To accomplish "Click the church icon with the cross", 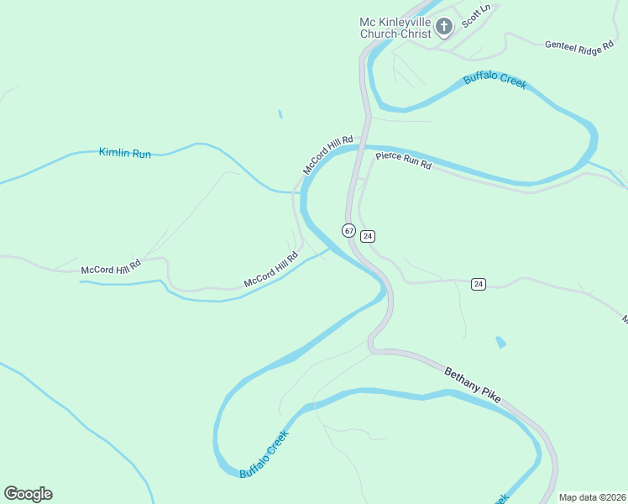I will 444,28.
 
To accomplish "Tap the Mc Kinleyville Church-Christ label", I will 395,28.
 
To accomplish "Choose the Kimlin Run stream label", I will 125,153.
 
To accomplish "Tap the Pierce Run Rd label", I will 403,160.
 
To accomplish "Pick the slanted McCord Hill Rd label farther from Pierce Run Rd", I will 271,270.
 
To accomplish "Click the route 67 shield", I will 348,229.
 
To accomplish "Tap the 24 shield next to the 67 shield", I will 368,236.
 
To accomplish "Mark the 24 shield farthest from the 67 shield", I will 478,284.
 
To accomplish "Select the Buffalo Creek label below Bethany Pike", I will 264,454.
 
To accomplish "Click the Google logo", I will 28,494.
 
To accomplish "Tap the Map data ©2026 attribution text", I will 591,497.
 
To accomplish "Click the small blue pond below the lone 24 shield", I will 501,342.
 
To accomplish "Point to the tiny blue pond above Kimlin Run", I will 280,114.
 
